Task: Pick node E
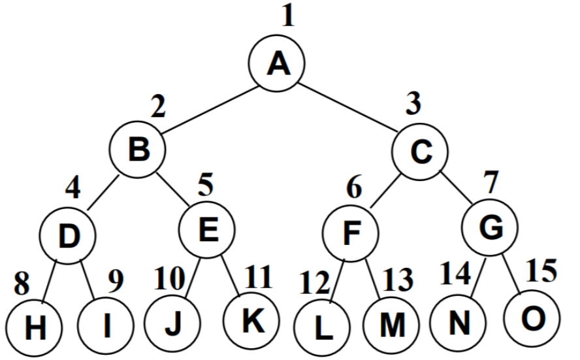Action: coord(207,229)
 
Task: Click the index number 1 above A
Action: coord(288,15)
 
